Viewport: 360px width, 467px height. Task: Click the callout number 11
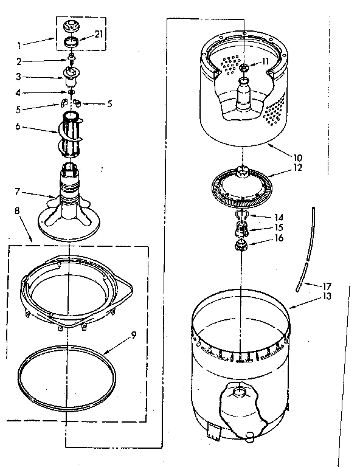click(265, 61)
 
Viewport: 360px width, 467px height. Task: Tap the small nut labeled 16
click(242, 246)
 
